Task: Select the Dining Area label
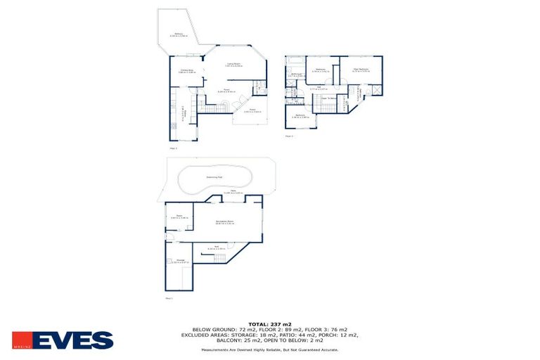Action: (186, 71)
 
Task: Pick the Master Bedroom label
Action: (361, 70)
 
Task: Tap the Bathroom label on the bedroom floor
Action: (296, 75)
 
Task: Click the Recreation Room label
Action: (225, 221)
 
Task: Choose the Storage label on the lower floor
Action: (181, 261)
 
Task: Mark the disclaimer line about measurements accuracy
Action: (270, 349)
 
